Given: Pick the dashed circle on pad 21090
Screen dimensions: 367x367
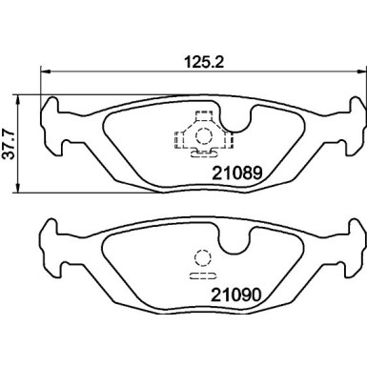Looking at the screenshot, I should tap(200, 256).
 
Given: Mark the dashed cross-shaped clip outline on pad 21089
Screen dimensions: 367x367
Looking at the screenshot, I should tap(200, 134).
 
